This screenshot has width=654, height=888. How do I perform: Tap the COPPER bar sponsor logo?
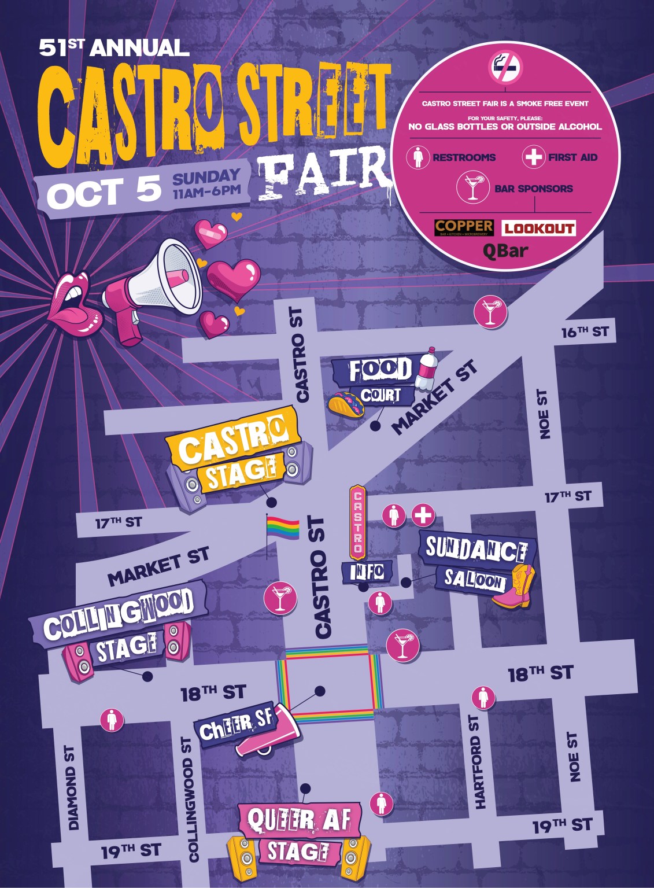pyautogui.click(x=464, y=227)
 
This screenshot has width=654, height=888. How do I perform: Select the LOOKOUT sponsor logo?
pyautogui.click(x=538, y=229)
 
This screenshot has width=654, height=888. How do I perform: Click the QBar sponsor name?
pyautogui.click(x=505, y=252)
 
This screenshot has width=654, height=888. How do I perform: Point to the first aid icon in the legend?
pyautogui.click(x=533, y=157)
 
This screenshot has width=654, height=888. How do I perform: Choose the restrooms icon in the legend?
pyautogui.click(x=417, y=157)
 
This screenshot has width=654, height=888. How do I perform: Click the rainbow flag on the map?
pyautogui.click(x=283, y=528)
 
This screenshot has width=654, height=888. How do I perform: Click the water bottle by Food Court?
pyautogui.click(x=427, y=367)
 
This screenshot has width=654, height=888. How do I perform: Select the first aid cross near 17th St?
pyautogui.click(x=423, y=514)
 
